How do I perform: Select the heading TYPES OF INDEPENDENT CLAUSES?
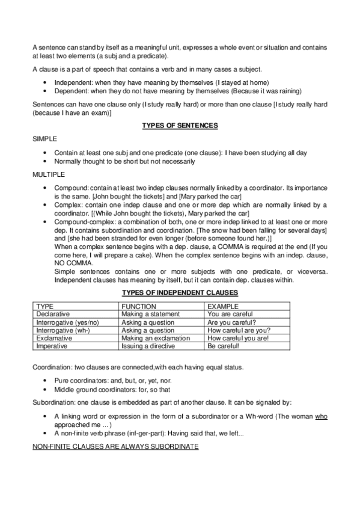tap(180, 293)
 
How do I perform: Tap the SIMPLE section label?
tap(46, 138)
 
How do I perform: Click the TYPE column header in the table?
tap(45, 306)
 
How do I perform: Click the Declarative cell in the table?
tap(53, 314)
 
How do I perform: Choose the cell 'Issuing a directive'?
tap(147, 346)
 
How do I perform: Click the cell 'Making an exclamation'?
tap(155, 339)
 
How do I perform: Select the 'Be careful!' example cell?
tap(223, 346)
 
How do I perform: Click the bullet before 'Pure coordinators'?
tap(47, 381)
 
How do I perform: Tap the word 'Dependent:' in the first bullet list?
tap(72, 90)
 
